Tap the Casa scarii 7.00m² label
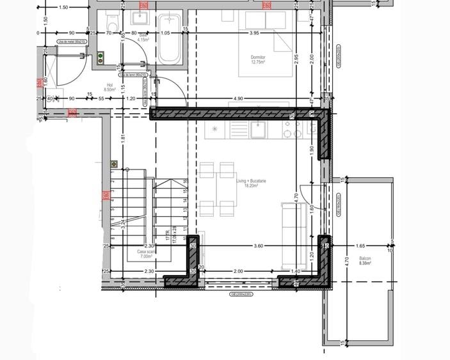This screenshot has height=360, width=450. [x=147, y=254]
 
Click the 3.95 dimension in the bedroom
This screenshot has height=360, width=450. [x=254, y=33]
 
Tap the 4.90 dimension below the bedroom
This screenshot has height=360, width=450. [x=237, y=98]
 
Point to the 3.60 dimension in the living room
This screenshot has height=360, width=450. [x=258, y=246]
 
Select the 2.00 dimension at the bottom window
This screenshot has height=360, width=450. [x=237, y=271]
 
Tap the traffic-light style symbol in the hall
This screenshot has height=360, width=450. [x=101, y=59]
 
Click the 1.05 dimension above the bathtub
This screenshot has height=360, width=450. [x=165, y=33]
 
